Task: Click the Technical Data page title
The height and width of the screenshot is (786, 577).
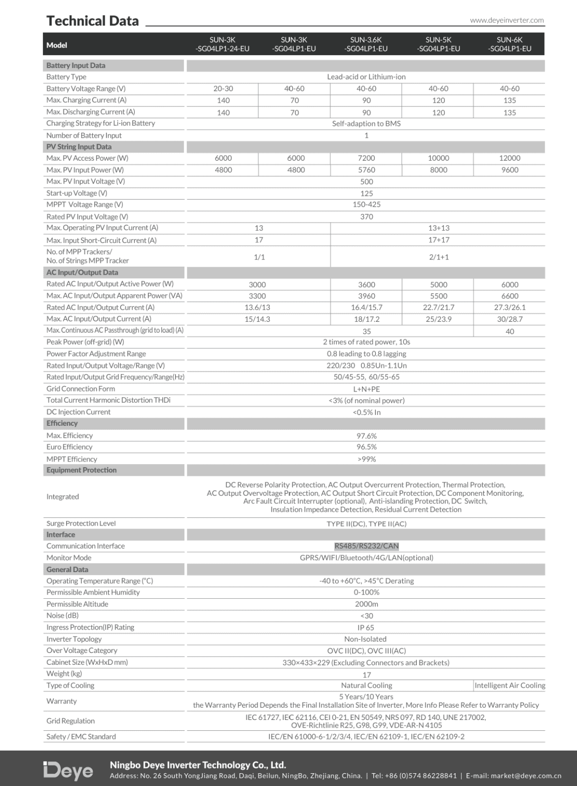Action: pos(93,21)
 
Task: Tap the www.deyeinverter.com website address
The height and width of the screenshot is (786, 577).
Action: pos(506,20)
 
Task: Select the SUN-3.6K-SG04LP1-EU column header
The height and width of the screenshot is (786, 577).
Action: pos(366,45)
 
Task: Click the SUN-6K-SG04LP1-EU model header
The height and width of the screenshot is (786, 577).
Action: pos(509,45)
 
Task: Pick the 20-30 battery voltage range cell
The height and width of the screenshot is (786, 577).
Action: pos(223,89)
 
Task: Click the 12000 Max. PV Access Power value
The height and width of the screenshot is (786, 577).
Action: pos(509,158)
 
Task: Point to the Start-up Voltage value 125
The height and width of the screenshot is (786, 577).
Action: pos(367,193)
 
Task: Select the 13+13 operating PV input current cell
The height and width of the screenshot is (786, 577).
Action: pos(438,228)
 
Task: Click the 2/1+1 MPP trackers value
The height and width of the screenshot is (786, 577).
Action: pos(438,257)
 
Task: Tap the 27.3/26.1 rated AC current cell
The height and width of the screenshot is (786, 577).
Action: pos(509,308)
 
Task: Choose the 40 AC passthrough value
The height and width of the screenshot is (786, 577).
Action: pos(509,332)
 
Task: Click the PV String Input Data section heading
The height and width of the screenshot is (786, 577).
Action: pos(79,147)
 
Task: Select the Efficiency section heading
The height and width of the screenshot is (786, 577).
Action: pos(62,423)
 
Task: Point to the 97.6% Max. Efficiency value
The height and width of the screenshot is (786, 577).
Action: pos(367,436)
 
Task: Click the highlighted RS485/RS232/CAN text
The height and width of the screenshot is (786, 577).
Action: pos(367,546)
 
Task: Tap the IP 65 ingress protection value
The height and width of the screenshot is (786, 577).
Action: pos(367,627)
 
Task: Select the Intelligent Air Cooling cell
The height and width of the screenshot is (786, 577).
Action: pos(509,686)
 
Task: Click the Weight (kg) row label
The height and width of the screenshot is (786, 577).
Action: pos(64,674)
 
